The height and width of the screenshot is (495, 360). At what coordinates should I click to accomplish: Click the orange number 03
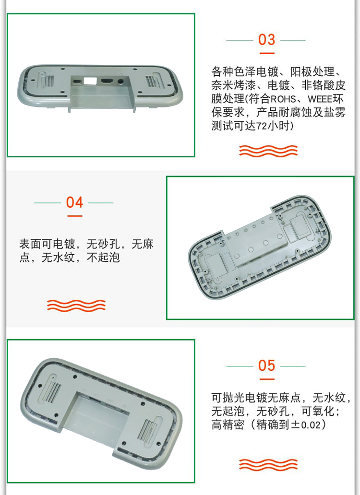pyautogui.click(x=266, y=40)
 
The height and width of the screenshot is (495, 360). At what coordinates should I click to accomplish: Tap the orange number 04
pyautogui.click(x=74, y=202)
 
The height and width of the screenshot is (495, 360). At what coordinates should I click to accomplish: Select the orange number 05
pyautogui.click(x=266, y=365)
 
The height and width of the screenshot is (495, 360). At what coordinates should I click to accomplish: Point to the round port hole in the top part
pyautogui.click(x=120, y=82)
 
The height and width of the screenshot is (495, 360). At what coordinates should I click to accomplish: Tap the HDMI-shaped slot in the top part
pyautogui.click(x=107, y=81)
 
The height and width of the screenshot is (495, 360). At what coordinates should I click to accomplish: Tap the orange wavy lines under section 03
pyautogui.click(x=268, y=151)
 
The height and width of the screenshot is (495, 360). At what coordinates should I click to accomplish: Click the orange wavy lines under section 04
pyautogui.click(x=76, y=306)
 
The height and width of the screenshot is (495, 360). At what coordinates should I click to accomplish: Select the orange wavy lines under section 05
pyautogui.click(x=268, y=464)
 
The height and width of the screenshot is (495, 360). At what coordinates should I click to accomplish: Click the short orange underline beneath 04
pyautogui.click(x=74, y=216)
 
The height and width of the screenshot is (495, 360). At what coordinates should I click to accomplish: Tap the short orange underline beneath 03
pyautogui.click(x=266, y=53)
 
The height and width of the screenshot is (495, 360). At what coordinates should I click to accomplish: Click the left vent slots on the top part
pyautogui.click(x=48, y=82)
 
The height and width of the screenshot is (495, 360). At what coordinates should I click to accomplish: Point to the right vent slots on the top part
pyautogui.click(x=152, y=82)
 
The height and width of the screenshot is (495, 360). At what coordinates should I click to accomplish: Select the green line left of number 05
pyautogui.click(x=240, y=366)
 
